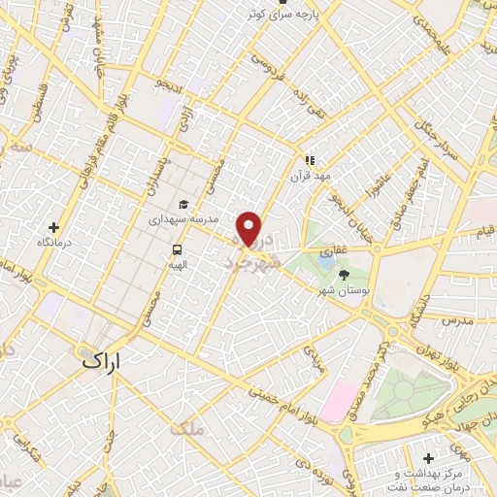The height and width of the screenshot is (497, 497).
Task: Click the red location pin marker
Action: (x=250, y=228)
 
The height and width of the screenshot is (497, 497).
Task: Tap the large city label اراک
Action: (x=103, y=362)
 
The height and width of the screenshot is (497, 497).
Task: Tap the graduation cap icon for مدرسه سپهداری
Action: (x=182, y=204)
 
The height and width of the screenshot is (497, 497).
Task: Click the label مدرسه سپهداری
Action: (x=180, y=219)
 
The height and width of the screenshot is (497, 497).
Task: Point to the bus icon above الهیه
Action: (x=177, y=248)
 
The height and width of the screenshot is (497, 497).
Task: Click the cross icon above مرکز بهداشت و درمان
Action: (x=429, y=456)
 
